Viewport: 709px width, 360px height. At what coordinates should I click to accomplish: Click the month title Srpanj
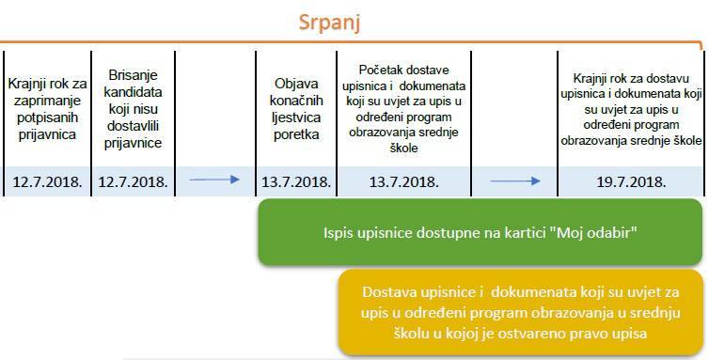pos(329,23)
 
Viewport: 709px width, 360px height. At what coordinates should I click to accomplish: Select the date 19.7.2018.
pos(631,181)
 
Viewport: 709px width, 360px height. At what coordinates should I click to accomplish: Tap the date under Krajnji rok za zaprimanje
pos(47,181)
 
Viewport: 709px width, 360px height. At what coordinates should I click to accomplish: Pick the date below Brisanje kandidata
pos(133,181)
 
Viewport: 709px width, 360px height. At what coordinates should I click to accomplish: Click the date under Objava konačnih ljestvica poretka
pos(296,181)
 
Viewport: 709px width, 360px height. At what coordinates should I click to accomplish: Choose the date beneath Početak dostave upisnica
pos(403,181)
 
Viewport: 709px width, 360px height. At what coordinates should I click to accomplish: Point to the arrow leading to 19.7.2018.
pos(515,181)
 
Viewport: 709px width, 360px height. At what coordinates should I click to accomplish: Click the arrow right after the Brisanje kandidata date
pos(214,180)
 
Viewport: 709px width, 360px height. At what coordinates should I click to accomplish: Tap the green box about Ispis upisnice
pos(481,232)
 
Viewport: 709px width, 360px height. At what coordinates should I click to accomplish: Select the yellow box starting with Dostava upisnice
pos(520,312)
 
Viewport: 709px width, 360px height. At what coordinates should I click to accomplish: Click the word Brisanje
pos(133,75)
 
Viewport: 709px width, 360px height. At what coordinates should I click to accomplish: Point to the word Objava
pos(296,84)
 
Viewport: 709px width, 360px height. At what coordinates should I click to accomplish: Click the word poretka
pos(296,134)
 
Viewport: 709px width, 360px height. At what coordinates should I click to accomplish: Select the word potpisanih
pos(47,117)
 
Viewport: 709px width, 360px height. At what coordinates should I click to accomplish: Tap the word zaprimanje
pos(47,101)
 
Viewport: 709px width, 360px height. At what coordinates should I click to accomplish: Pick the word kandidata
pos(133,92)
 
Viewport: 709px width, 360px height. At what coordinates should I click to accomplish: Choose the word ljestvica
pos(296,117)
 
